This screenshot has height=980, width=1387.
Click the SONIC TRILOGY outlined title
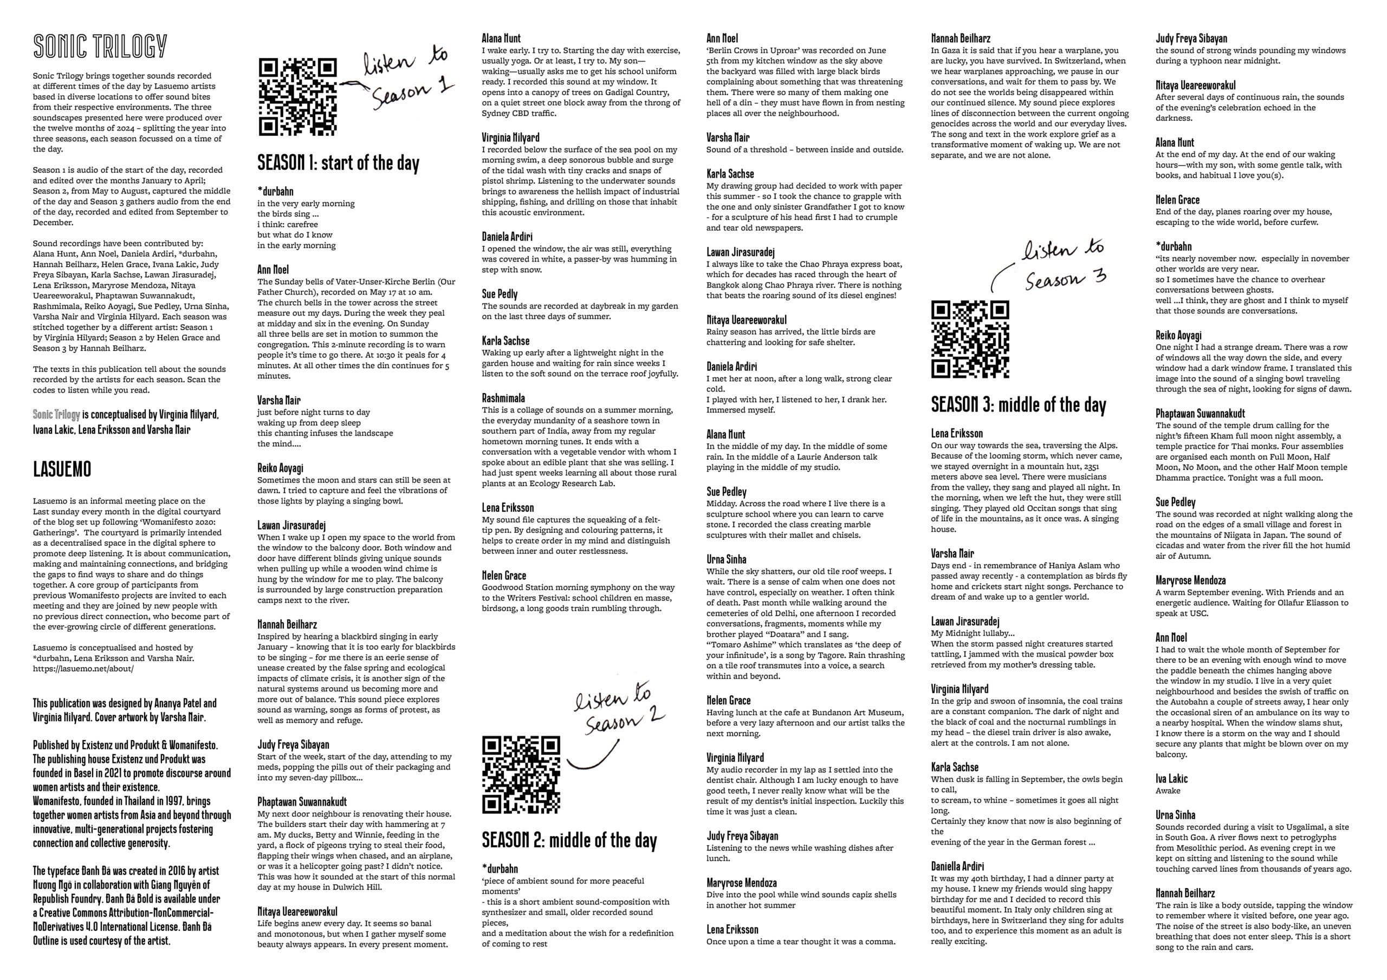[x=100, y=47]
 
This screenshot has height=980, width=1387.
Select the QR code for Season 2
[x=521, y=775]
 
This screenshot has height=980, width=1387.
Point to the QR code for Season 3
[x=970, y=340]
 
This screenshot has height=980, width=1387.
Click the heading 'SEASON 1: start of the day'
[x=338, y=163]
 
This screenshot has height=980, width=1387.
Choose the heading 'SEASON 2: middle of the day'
[x=568, y=840]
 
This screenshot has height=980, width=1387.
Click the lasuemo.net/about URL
[x=83, y=669]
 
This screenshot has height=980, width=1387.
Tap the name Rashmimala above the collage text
[x=503, y=398]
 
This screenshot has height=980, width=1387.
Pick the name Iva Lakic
[x=1171, y=779]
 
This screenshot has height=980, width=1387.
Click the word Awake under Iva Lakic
[x=1167, y=790]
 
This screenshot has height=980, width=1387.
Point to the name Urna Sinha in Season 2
[x=726, y=559]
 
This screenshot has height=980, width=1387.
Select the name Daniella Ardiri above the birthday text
[x=957, y=866]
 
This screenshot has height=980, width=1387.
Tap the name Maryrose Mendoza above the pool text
[x=741, y=883]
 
